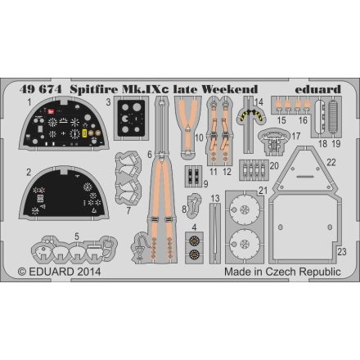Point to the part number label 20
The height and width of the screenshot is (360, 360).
(275, 164)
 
